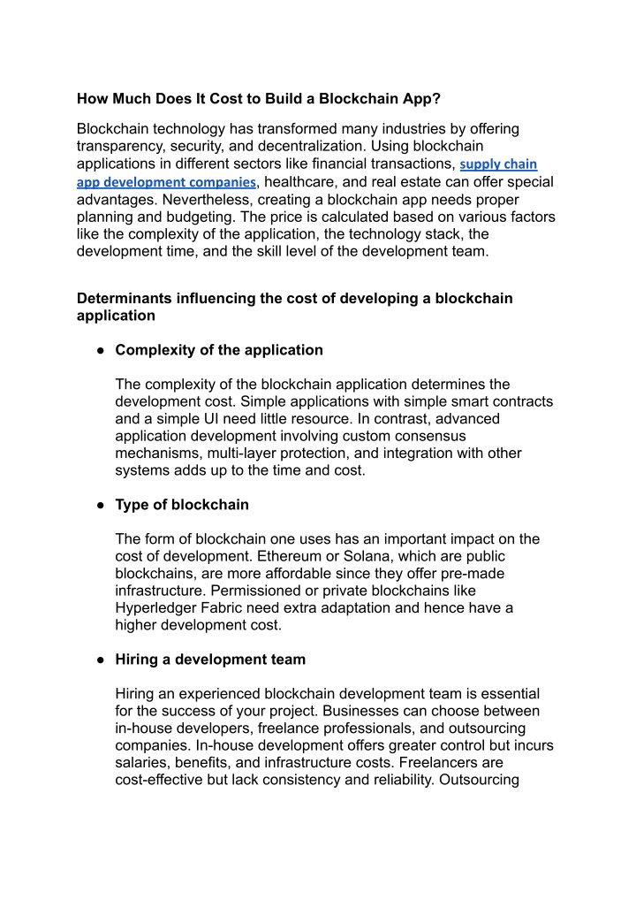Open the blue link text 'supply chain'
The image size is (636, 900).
click(499, 164)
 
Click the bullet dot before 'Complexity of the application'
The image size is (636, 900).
click(102, 350)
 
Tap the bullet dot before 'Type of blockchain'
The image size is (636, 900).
click(102, 505)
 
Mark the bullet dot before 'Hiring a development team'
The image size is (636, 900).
click(102, 660)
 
